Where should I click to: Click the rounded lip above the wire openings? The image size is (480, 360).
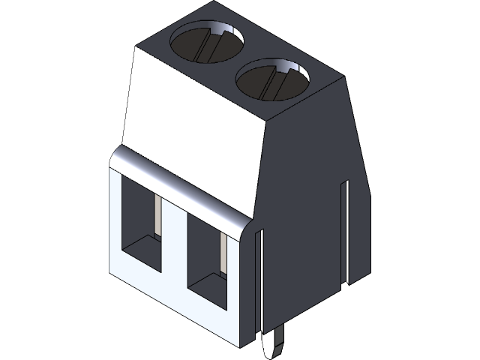180,187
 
